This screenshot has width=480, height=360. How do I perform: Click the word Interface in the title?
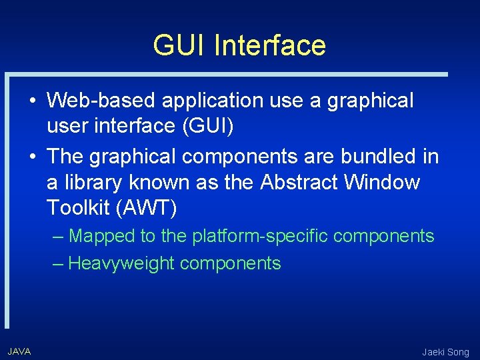270,45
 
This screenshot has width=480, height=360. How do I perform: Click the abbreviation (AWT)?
146,208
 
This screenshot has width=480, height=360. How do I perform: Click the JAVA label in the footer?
19,351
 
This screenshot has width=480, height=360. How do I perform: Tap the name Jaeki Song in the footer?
445,352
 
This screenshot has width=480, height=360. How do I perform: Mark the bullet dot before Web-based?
32,101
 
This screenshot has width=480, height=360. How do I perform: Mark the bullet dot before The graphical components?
32,157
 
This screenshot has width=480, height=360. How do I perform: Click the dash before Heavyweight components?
58,263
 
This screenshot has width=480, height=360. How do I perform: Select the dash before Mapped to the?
58,236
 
